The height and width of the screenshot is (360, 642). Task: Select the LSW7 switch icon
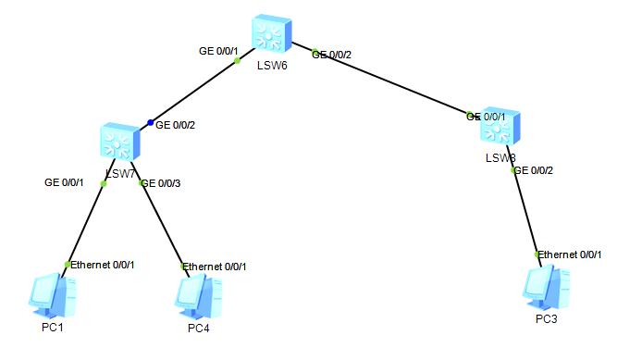[x=118, y=143]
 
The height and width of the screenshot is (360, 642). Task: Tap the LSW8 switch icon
[x=500, y=129]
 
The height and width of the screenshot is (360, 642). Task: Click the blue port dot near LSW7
[x=151, y=123]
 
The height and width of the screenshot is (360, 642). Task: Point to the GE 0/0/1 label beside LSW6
[x=220, y=50]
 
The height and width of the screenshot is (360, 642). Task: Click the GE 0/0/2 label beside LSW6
[x=332, y=55]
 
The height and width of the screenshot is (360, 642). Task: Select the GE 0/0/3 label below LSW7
[x=161, y=183]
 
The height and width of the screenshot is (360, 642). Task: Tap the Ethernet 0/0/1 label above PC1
[x=103, y=266]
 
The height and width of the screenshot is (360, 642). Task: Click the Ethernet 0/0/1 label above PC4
[x=215, y=267]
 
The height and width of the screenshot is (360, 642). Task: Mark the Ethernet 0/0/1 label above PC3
[x=571, y=254]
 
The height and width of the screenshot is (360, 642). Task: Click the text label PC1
[x=52, y=327]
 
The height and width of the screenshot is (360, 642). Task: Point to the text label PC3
[x=547, y=319]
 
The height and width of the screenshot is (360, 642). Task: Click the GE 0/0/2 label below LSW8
[x=534, y=170]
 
